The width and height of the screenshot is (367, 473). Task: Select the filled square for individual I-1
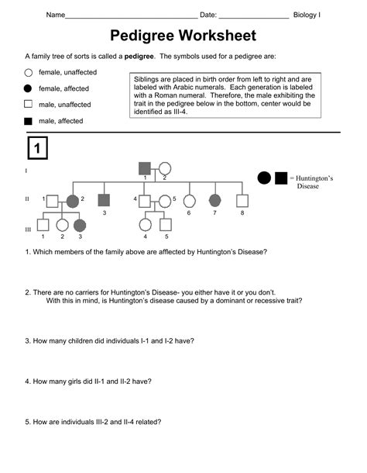click(x=144, y=167)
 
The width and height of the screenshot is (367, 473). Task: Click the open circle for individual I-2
click(x=164, y=167)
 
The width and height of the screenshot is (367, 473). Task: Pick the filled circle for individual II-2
click(x=72, y=201)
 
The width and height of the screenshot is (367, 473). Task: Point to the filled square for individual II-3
click(x=104, y=200)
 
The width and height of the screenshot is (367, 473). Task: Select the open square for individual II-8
click(x=242, y=200)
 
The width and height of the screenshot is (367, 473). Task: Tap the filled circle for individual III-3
click(x=80, y=226)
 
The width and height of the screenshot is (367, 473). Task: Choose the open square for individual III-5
click(x=165, y=226)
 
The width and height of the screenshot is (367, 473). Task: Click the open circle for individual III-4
click(x=145, y=226)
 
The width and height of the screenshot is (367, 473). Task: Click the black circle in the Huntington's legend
click(x=264, y=178)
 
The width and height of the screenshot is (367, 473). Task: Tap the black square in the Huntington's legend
click(x=281, y=178)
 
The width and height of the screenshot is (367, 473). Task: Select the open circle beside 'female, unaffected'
click(x=28, y=72)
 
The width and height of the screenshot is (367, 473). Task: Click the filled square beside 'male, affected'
click(x=28, y=121)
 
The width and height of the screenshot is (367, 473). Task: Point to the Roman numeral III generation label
click(x=28, y=229)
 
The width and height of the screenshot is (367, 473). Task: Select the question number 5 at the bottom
click(x=27, y=422)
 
